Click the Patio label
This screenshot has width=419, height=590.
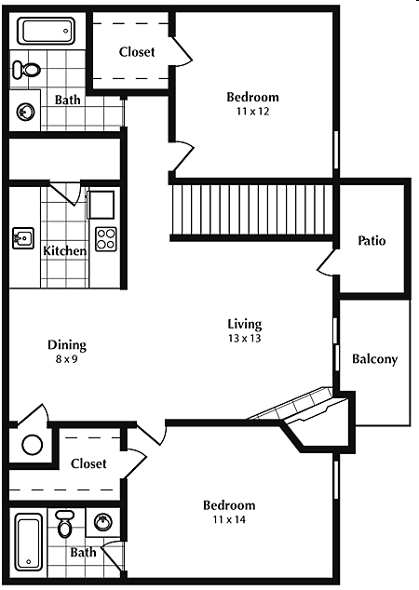coord(372,241)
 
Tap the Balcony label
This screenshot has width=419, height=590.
coord(374,359)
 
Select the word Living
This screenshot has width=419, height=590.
coord(245,324)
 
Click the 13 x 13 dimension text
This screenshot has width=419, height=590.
coord(245,339)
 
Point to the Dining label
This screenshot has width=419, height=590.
coord(66,344)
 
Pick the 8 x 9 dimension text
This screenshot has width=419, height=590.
coord(66,358)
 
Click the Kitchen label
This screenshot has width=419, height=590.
coord(65,250)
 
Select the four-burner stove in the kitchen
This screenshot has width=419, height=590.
coord(105,239)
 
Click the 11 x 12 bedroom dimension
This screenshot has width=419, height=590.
coord(252,112)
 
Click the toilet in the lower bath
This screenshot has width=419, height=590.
coord(65,525)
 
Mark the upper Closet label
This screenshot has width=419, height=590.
coord(137,52)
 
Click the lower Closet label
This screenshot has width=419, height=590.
coord(88,463)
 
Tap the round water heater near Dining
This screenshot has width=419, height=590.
coord(33,445)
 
